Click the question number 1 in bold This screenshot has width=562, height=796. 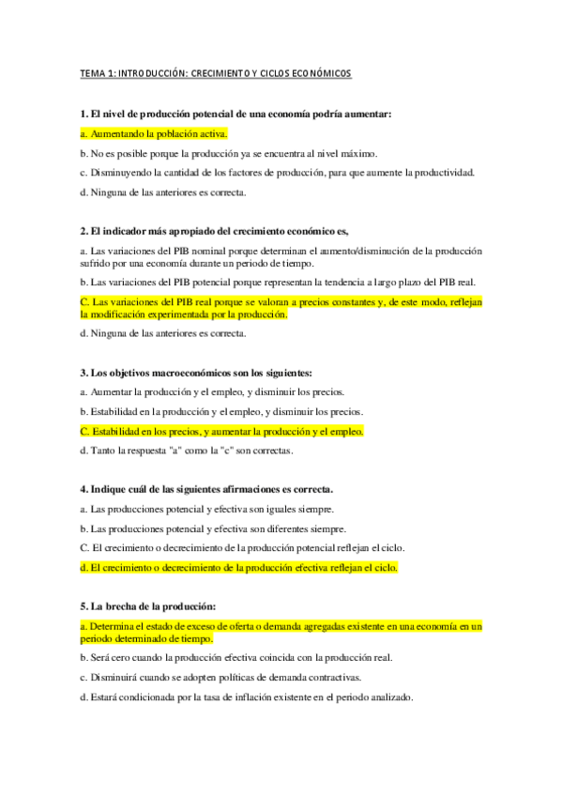[84, 114]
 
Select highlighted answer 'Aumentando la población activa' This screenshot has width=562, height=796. [154, 133]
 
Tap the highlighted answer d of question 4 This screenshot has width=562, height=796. [239, 567]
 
